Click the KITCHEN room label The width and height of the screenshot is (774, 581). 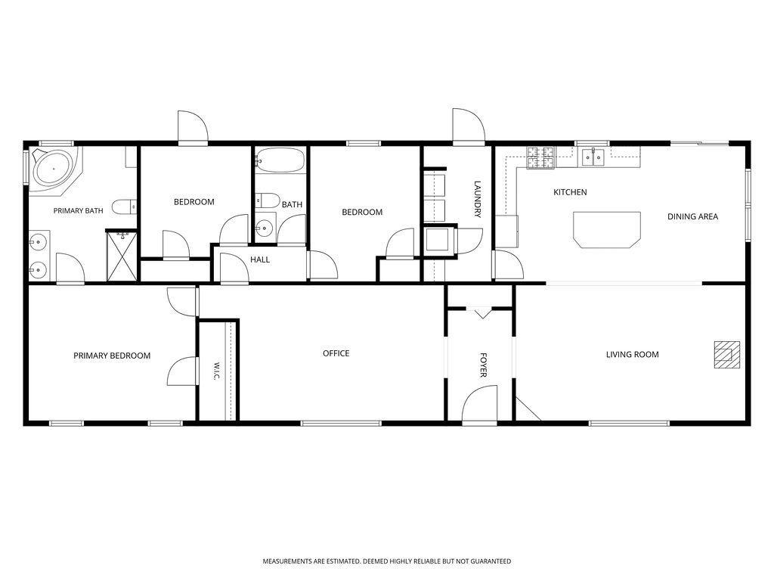(x=570, y=192)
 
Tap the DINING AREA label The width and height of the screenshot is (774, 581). (x=692, y=216)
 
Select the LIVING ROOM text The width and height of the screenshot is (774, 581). (x=633, y=354)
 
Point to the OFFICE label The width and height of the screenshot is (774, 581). (x=336, y=353)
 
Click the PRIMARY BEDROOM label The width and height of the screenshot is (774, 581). (x=112, y=356)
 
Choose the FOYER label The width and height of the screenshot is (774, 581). (x=483, y=365)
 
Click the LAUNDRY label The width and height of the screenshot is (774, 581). (x=478, y=199)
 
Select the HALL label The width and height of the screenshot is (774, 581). (x=260, y=260)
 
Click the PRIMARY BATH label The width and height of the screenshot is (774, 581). (x=78, y=210)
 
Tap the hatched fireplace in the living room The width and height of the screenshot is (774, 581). (x=727, y=355)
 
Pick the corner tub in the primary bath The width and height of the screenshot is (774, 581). (x=53, y=169)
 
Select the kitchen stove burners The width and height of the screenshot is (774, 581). (x=541, y=158)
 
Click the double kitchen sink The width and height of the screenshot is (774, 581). (x=593, y=157)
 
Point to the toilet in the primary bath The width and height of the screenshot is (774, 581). (x=124, y=207)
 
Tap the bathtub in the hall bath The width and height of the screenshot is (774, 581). (x=280, y=160)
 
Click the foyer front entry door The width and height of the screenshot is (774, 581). (x=480, y=406)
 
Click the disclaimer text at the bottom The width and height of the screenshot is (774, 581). (x=387, y=561)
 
